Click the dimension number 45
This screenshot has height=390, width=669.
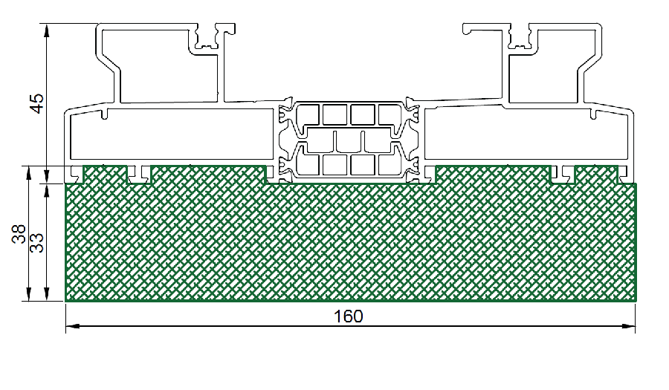pos(38,103)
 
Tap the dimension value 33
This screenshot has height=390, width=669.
pos(38,243)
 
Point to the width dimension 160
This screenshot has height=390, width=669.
pos(348,316)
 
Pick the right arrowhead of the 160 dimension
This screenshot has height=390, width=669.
pos(628,327)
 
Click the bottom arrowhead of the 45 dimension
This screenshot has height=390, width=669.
pos(47,176)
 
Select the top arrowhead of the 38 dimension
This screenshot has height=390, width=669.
pos(28,173)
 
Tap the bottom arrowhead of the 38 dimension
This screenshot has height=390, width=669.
pos(28,293)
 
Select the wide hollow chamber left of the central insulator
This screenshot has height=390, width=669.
pos(172,134)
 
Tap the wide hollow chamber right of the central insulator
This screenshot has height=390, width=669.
pos(527,134)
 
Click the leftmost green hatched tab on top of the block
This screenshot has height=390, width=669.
pos(105,175)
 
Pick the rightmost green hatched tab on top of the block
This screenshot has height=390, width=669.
pos(596,175)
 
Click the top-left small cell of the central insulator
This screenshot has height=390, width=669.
pos(307,114)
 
